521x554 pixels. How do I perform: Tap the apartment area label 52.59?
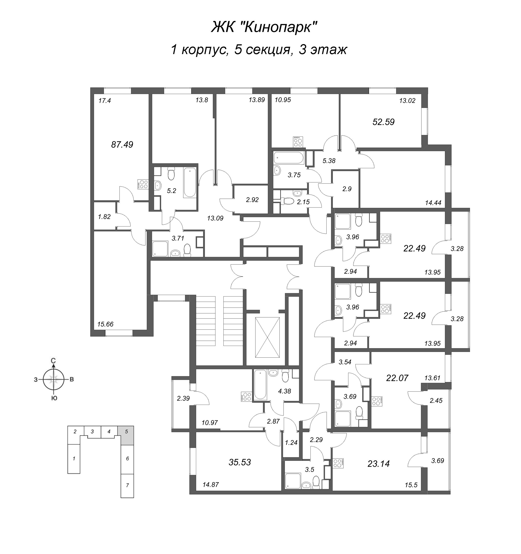[383, 122]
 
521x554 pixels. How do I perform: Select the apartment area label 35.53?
[240, 462]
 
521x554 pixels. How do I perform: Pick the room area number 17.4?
[105, 101]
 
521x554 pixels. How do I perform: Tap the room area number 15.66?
[105, 324]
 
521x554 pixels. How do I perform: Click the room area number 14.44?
[433, 203]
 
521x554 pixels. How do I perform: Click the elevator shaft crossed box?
[267, 337]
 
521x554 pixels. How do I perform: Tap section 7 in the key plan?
[127, 485]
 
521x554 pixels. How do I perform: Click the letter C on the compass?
[53, 361]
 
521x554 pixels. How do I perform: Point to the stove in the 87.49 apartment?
[143, 184]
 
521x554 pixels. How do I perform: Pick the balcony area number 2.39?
[183, 398]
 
